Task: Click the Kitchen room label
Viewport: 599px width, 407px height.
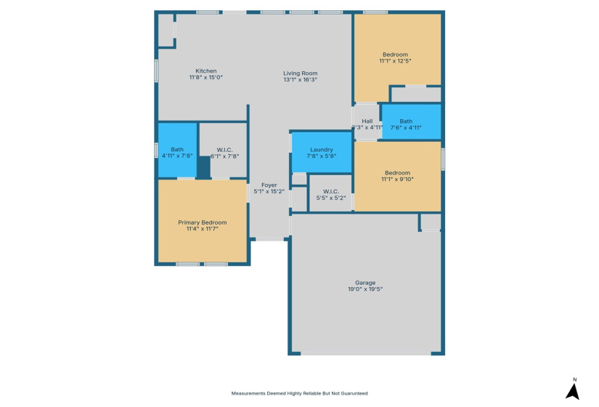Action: [205, 71]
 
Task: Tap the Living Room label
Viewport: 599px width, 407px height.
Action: [300, 73]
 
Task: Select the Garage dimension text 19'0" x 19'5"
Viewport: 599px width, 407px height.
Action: [365, 289]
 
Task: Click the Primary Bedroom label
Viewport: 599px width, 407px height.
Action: [203, 222]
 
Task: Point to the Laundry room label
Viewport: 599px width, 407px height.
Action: [321, 149]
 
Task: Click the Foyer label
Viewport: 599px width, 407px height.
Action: [269, 185]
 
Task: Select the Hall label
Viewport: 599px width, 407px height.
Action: [367, 121]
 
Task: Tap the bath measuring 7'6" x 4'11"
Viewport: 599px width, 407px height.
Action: [405, 124]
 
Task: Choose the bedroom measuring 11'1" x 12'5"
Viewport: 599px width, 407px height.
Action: [395, 58]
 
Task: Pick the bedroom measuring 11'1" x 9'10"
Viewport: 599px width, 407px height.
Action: [397, 176]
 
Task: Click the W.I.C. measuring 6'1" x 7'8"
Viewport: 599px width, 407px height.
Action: [224, 153]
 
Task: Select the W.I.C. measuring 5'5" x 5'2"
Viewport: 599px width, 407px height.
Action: [331, 195]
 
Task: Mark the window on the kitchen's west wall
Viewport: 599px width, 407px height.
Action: [156, 70]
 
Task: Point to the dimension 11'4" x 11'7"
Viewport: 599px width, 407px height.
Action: [203, 229]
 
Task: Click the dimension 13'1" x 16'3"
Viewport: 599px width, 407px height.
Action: [300, 80]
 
